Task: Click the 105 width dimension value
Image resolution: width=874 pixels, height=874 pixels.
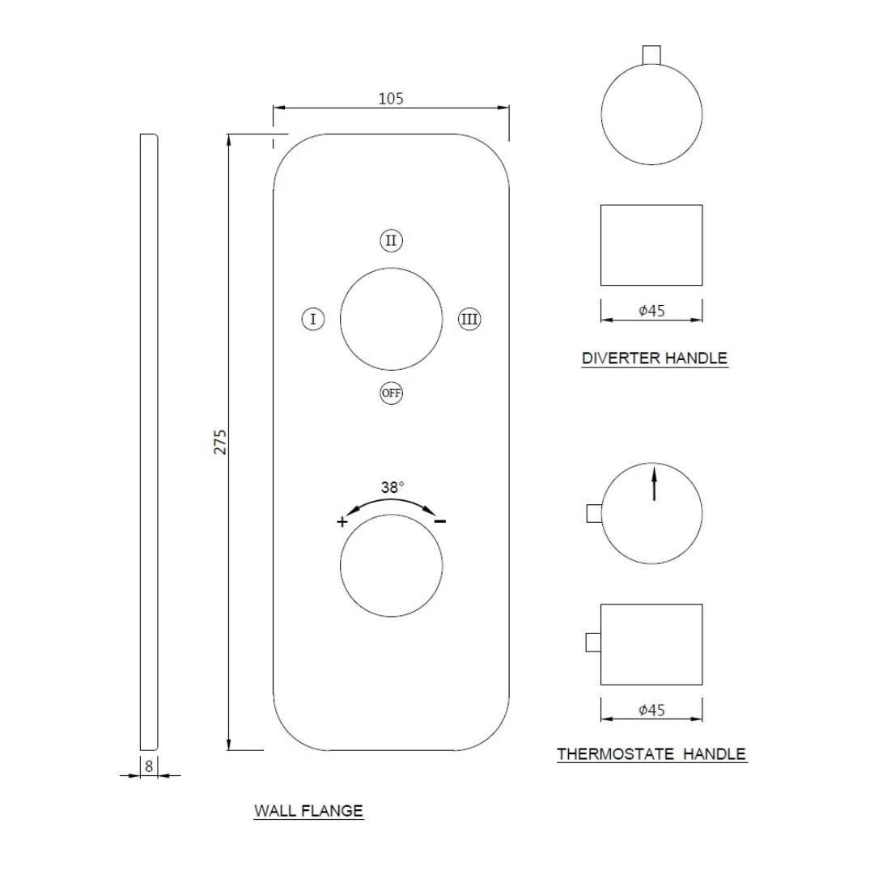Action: (x=391, y=99)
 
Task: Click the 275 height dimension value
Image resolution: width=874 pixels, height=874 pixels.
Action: (x=220, y=441)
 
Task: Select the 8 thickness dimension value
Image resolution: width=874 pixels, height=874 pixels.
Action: (x=149, y=764)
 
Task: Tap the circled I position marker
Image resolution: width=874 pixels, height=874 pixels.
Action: (x=313, y=319)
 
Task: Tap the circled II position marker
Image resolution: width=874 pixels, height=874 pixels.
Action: (x=391, y=240)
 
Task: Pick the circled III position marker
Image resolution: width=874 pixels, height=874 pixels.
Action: (x=469, y=319)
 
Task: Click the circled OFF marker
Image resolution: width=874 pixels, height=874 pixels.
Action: (x=391, y=393)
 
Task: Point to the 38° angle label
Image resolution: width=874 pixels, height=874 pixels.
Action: (x=392, y=487)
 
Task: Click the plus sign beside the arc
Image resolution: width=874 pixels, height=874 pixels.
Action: (x=342, y=522)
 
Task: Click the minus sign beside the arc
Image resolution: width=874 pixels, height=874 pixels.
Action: (x=439, y=521)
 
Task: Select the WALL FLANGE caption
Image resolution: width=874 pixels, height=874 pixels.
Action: (x=308, y=810)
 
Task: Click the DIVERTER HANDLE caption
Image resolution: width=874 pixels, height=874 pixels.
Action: (x=654, y=358)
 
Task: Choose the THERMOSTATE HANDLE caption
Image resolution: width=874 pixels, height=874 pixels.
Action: (x=651, y=754)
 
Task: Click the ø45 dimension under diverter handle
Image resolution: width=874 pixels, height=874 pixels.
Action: (x=651, y=310)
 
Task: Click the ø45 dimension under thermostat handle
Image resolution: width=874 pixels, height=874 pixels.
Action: (x=651, y=711)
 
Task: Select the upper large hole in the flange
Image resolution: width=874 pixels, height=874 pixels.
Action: (x=391, y=319)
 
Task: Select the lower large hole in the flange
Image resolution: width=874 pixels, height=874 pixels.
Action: (x=391, y=565)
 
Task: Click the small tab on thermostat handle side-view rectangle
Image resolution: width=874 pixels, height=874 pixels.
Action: (x=592, y=643)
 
